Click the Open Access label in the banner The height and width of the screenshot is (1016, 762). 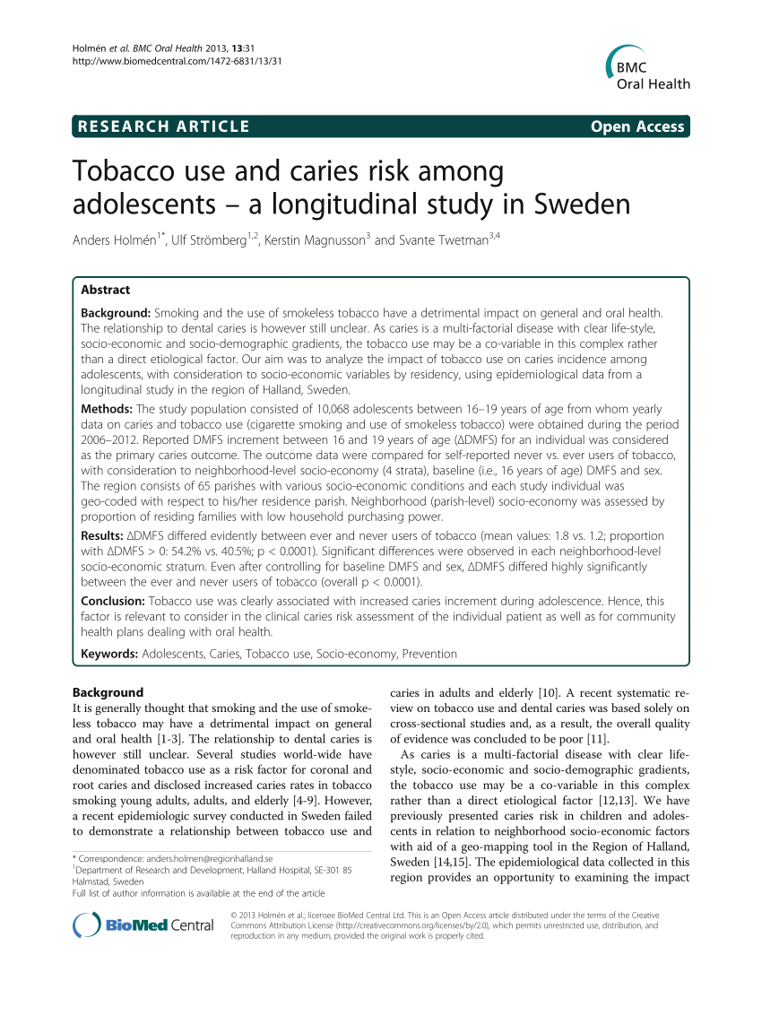tap(637, 127)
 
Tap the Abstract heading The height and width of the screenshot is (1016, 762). tap(105, 290)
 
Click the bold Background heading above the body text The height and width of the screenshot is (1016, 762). tap(107, 692)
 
